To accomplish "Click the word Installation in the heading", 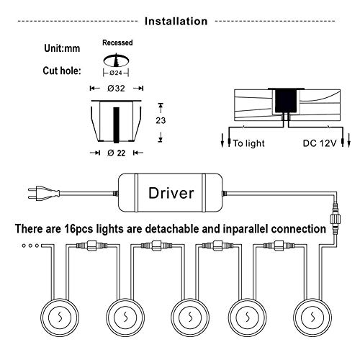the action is [x=176, y=21].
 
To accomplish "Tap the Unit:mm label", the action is [x=62, y=48].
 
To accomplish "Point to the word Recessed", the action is [x=117, y=42].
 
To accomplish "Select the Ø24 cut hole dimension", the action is [x=116, y=73].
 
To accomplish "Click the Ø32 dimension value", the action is [x=116, y=89].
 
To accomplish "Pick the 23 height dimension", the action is [x=161, y=120].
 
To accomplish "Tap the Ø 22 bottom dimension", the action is [x=117, y=153].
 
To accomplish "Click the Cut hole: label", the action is [x=62, y=71].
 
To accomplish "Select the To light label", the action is [x=249, y=143].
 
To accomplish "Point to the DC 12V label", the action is [x=320, y=143].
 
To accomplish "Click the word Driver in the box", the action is [x=171, y=193].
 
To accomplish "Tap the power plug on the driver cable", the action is [x=44, y=193].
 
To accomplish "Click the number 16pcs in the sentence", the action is [x=78, y=229].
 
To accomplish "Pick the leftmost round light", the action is [x=60, y=318].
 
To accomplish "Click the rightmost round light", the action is [x=312, y=318].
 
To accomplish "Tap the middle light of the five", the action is [x=190, y=318].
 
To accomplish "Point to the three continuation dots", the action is [x=30, y=246].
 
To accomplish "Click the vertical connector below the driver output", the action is [x=335, y=219].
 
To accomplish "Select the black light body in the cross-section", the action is [x=286, y=100].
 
